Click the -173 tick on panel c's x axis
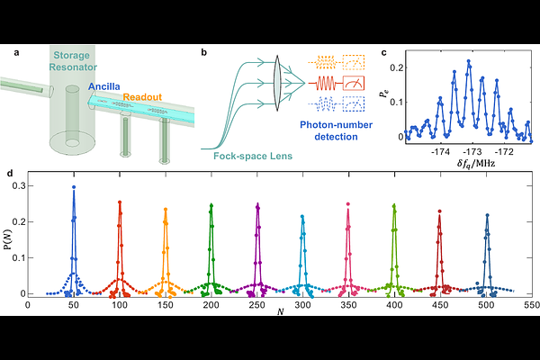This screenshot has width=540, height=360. click(x=472, y=151)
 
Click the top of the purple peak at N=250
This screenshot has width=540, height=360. click(x=257, y=205)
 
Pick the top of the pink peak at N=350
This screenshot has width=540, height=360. click(x=348, y=205)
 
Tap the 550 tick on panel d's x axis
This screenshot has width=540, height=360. click(x=532, y=305)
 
